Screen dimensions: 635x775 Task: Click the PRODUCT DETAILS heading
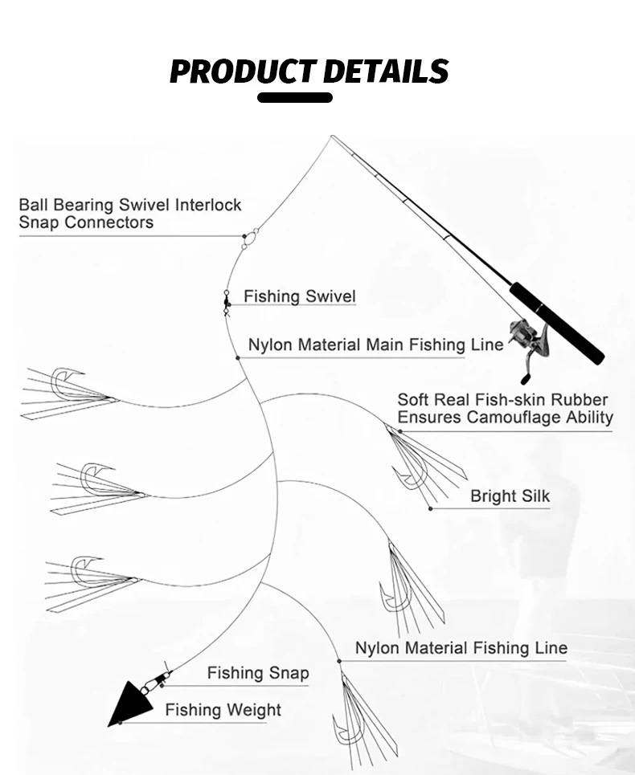click(309, 71)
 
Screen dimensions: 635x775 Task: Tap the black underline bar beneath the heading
click(295, 97)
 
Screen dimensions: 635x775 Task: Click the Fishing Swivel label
click(300, 296)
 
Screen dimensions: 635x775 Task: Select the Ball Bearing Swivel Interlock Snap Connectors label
click(130, 214)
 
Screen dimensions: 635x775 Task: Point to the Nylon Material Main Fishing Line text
click(376, 345)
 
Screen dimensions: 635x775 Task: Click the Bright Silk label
click(510, 496)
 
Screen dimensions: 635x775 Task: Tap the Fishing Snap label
click(258, 673)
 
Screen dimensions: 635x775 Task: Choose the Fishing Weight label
click(223, 710)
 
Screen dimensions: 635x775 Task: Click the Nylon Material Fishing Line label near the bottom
click(461, 647)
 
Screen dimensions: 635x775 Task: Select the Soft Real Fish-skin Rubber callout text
click(505, 408)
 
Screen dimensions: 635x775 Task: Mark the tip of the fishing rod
click(332, 137)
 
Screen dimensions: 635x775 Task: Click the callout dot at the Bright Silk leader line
click(430, 508)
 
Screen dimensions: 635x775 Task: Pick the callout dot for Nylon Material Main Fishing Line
click(238, 358)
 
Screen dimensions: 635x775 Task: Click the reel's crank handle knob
click(524, 380)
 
